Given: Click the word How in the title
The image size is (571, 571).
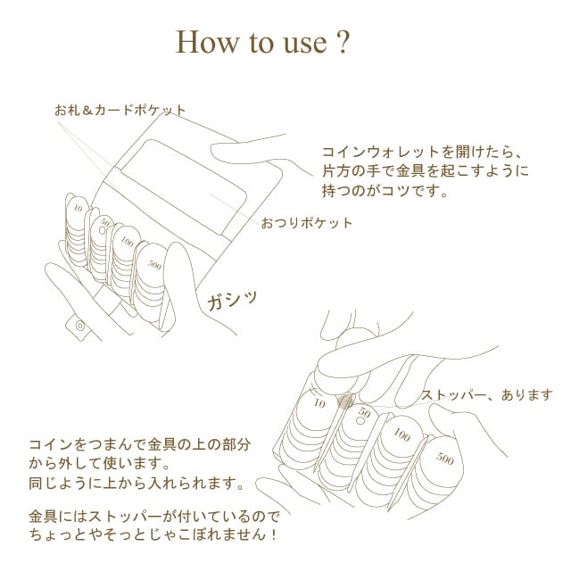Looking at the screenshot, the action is click(206, 42).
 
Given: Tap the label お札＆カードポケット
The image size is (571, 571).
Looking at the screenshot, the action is click(120, 110).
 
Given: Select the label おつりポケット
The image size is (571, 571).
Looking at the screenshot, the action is click(307, 223).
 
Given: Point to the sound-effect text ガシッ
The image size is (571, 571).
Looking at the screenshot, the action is click(232, 301).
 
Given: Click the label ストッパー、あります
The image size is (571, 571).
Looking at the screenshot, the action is click(486, 395).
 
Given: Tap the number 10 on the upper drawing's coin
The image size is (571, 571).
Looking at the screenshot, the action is click(78, 208).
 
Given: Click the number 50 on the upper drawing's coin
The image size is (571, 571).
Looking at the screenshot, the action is click(105, 222).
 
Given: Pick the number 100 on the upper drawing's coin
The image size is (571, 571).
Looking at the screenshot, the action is click(127, 241).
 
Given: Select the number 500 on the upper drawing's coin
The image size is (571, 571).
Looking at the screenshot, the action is click(154, 265).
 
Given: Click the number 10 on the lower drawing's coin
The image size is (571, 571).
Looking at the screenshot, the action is click(319, 403).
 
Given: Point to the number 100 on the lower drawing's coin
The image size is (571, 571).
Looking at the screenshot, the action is click(401, 434).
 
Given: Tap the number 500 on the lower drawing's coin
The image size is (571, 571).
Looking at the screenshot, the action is click(444, 459).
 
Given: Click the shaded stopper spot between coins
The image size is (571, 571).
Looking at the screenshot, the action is click(345, 401).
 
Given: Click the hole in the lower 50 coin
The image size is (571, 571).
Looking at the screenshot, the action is click(360, 421).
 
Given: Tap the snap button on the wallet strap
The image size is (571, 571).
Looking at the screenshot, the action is click(80, 325).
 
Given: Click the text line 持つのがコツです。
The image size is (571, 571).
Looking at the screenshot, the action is click(385, 190).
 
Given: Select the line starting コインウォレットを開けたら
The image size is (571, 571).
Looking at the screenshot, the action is click(422, 152).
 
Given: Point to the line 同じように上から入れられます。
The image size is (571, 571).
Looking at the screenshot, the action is click(137, 484).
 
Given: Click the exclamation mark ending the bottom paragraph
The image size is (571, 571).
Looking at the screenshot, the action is click(274, 535).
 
